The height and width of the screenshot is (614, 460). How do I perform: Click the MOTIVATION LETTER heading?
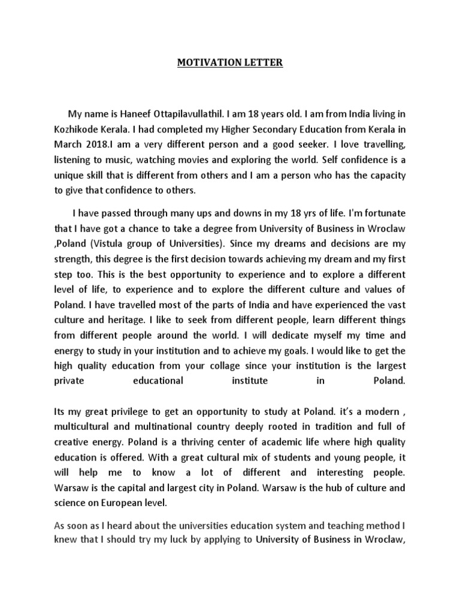pos(229,62)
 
